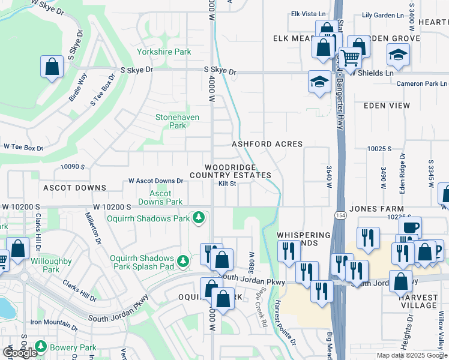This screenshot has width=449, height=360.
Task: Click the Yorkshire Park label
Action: click(x=164, y=52)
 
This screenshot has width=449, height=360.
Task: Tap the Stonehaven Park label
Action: click(x=178, y=121)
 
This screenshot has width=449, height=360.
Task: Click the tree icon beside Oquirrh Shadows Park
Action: click(x=198, y=217)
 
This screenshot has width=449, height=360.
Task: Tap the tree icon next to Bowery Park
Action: click(x=41, y=347)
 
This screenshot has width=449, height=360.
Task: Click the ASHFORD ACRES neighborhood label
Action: click(x=267, y=144)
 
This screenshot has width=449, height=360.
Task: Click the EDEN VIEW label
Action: click(x=387, y=106)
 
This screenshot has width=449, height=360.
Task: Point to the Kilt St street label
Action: click(x=228, y=184)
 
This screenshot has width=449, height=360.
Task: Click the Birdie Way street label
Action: click(x=78, y=86)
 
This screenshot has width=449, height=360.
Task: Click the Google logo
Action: click(x=20, y=353)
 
